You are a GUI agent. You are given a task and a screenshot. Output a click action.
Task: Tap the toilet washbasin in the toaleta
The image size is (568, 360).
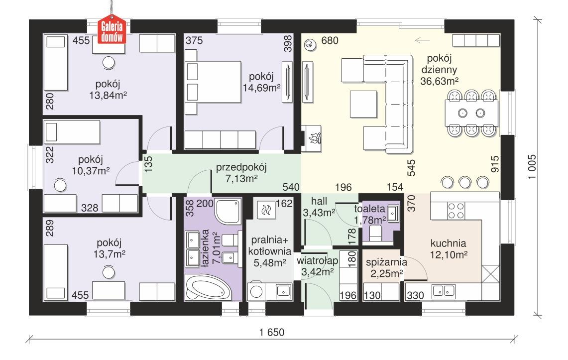tap(392, 214)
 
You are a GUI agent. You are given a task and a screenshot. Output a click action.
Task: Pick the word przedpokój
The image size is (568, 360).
tap(234, 168)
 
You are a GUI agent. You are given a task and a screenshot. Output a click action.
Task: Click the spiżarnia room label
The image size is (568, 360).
tap(387, 261)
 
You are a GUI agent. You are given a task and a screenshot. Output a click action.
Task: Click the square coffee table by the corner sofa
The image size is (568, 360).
tap(362, 103)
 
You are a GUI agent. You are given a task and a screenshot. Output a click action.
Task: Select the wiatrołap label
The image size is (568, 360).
tap(318, 261)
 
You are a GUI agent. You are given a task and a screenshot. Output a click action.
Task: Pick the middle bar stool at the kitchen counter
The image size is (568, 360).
tap(464, 182)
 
